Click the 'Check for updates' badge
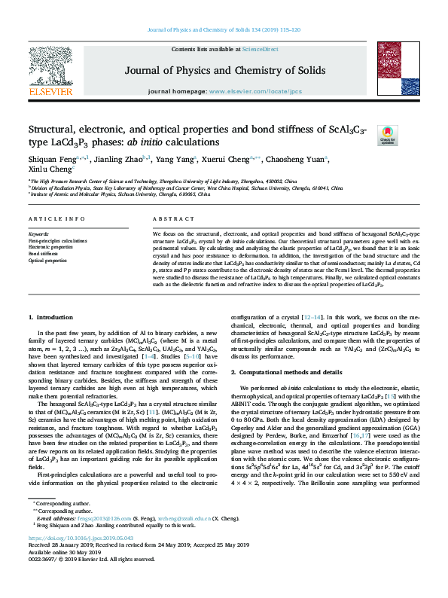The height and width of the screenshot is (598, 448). (x=388, y=134)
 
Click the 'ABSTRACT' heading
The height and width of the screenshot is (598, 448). (x=170, y=218)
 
